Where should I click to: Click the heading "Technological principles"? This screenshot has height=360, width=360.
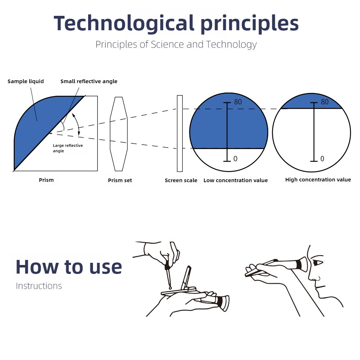point(176,23)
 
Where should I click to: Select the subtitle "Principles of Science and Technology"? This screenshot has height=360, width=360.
point(176,44)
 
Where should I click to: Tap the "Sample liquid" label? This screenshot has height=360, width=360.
point(26,81)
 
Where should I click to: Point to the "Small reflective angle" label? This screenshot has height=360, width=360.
point(89,81)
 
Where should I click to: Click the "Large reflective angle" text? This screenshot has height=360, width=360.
point(68,148)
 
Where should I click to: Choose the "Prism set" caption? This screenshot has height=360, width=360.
point(120,180)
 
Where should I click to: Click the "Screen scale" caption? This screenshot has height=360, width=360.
point(181,180)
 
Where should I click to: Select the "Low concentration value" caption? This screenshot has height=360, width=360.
point(235,180)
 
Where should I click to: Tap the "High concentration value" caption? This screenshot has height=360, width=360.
point(318,180)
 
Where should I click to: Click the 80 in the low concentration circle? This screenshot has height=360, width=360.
point(238,102)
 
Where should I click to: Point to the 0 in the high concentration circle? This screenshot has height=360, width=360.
point(322,159)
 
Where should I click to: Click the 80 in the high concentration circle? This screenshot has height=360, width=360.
point(325,102)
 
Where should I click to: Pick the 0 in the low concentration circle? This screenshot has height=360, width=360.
point(235,159)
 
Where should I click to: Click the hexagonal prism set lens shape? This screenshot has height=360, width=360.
point(118,134)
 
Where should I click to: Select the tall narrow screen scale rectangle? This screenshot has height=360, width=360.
point(180,134)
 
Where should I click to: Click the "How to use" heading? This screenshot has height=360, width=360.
point(69,267)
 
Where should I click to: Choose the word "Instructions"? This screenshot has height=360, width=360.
point(39,286)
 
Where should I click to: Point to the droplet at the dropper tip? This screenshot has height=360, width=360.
point(170,288)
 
